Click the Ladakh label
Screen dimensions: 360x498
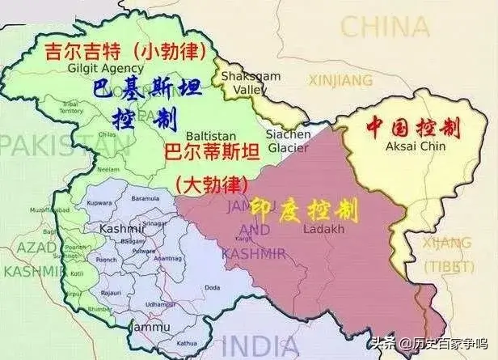point(318,229)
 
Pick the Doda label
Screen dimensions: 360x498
point(213,286)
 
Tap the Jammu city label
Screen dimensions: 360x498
point(153,327)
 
